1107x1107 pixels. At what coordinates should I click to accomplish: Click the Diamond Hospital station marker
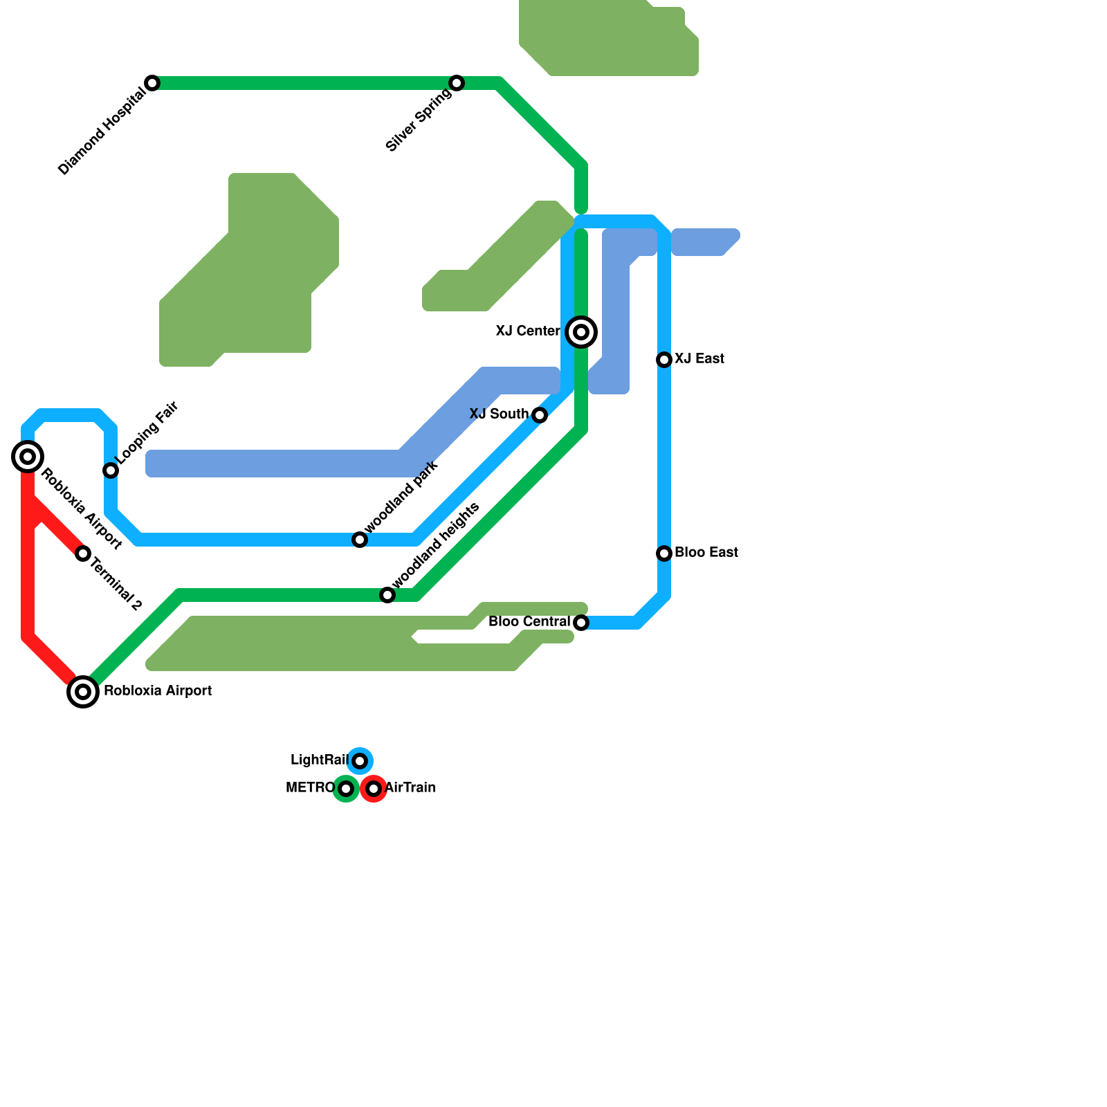152,83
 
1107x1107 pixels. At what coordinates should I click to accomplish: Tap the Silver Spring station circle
457,83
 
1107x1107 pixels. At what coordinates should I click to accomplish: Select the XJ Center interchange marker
581,332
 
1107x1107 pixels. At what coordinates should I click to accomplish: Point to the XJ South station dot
540,415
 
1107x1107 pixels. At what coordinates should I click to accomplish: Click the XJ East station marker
664,360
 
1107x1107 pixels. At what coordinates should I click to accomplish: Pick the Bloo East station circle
664,553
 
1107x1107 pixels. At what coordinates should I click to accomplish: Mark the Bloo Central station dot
581,623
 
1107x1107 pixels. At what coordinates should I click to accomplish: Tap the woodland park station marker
360,540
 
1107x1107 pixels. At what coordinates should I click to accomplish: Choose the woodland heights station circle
387,595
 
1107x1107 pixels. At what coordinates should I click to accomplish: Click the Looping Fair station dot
111,470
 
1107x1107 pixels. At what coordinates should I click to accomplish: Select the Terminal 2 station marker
83,553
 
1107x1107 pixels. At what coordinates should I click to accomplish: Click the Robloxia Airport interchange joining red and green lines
83,691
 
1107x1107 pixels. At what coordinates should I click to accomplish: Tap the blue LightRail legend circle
360,761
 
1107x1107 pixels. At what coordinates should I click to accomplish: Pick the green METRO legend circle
346,789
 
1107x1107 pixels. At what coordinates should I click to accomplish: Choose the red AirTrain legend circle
374,789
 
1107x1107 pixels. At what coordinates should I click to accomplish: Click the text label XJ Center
528,331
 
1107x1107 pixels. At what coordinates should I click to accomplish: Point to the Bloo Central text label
529,622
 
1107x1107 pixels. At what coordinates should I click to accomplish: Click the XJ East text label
699,359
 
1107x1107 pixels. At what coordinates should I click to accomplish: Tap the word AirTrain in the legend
410,788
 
